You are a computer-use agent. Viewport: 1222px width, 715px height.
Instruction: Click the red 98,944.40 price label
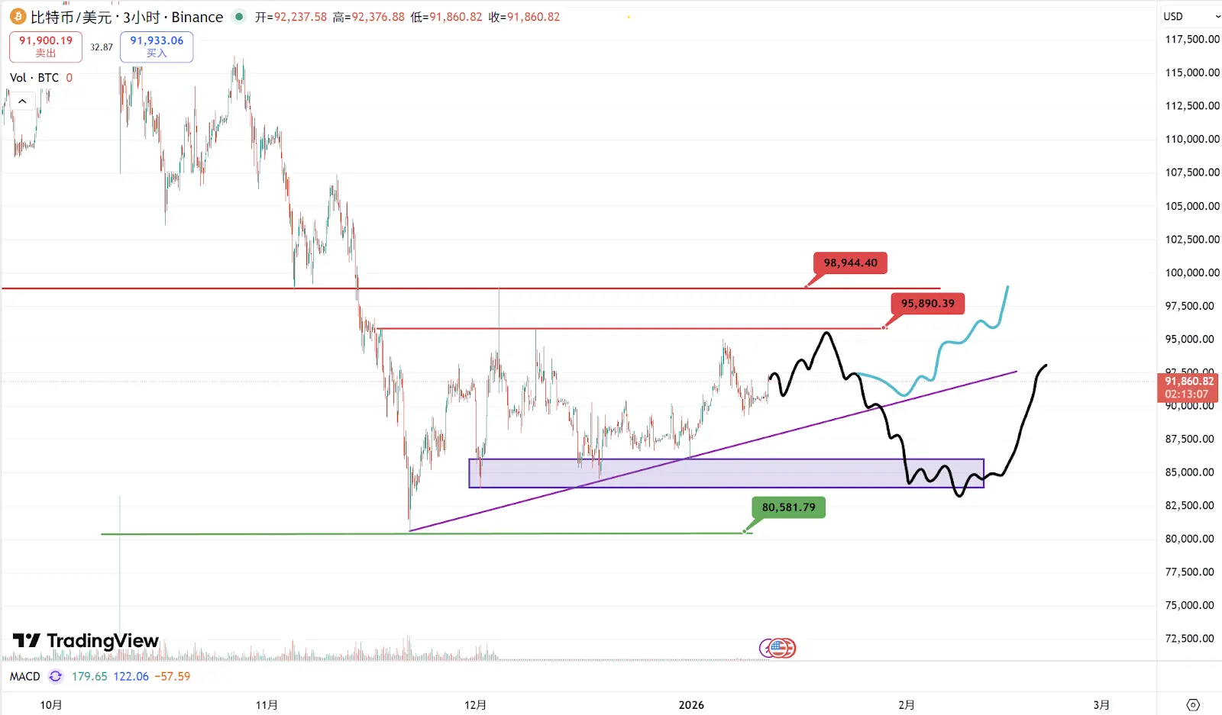[850, 263]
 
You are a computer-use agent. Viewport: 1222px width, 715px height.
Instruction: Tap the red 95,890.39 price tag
[927, 304]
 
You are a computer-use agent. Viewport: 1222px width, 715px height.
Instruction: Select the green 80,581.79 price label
[788, 507]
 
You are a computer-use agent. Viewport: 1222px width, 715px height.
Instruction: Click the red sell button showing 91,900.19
[46, 47]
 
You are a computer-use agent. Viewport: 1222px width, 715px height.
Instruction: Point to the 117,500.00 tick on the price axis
[1191, 39]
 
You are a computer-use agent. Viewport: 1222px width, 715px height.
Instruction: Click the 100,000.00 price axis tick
[1191, 272]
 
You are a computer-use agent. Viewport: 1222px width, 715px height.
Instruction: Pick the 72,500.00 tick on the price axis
[1189, 639]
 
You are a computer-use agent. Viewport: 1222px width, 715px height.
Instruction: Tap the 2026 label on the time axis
[691, 705]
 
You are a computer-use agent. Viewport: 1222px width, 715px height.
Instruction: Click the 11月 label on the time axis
[267, 705]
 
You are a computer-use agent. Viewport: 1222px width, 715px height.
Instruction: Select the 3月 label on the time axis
[1101, 705]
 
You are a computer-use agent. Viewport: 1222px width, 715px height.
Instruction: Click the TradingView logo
[86, 641]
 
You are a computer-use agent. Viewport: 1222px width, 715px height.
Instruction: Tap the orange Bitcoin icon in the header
[18, 17]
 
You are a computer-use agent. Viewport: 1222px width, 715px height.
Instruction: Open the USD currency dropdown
[1191, 17]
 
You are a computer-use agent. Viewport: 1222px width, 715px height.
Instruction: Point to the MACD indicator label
[24, 676]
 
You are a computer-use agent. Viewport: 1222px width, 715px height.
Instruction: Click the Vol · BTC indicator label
[34, 78]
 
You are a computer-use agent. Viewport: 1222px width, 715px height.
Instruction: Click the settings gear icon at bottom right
[1193, 704]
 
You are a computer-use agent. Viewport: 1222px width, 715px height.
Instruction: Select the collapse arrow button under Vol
[22, 101]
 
